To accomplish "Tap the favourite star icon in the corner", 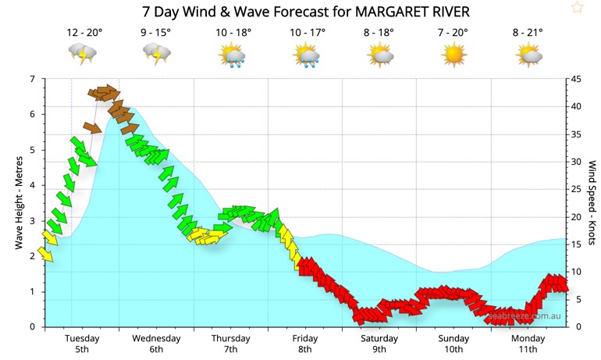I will (577, 8).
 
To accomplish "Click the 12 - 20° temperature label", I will (84, 33).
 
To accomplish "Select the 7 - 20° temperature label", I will (453, 33).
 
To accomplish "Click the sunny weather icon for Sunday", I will (453, 55).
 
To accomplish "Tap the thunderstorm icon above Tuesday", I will (83, 55).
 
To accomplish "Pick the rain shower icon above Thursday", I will (232, 55).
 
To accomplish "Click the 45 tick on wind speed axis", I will (577, 79).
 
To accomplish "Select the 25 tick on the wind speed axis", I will (577, 189).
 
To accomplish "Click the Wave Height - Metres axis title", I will (18, 203).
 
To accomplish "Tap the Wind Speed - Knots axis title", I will (592, 203).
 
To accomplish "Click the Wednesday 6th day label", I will (156, 344).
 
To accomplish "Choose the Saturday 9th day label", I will (379, 344).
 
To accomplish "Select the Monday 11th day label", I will (528, 344).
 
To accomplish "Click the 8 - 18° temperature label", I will (379, 33).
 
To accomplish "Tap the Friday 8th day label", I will (305, 344).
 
